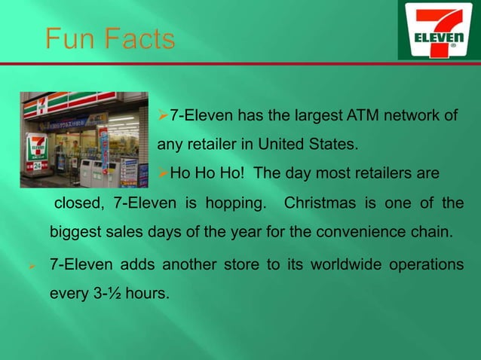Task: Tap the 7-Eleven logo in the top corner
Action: pyautogui.click(x=438, y=30)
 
